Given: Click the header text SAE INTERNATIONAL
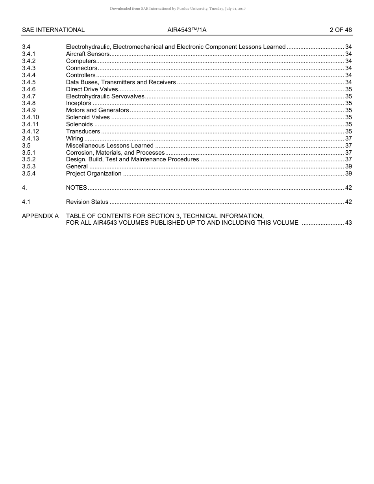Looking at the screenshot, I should (53, 30).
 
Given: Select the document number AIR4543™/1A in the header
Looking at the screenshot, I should (187, 30).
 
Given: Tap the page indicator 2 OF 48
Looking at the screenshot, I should (341, 30).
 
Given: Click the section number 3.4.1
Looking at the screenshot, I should (29, 54).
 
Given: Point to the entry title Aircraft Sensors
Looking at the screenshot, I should (87, 54).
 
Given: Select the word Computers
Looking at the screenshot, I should (81, 61).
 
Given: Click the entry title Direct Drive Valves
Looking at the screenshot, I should (92, 89).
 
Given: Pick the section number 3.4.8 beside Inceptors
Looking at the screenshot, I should (29, 103).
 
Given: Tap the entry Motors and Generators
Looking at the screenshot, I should (97, 111).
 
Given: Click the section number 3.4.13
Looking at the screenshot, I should (30, 139).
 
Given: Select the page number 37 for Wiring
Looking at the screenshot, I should (348, 139).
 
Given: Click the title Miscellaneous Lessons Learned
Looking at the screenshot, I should (109, 146).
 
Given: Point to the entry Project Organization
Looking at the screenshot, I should (94, 174).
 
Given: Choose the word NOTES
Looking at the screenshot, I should (76, 188).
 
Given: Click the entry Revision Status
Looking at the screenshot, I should (87, 202).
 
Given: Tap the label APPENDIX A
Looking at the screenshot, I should (40, 216).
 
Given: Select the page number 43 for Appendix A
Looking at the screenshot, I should (348, 223).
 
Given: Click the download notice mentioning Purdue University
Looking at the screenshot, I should (178, 9).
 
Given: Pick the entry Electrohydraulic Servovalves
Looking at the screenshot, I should (105, 96).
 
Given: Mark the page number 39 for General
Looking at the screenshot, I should (348, 166).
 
